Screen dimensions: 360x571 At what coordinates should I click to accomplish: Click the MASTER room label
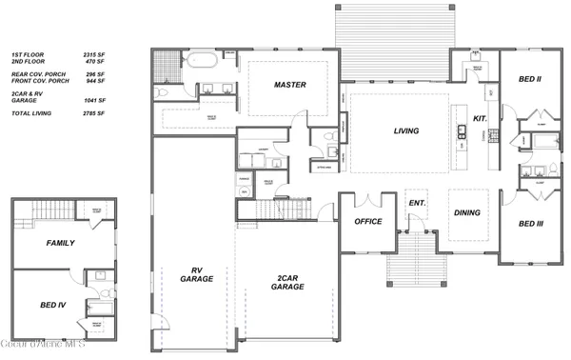click(289, 85)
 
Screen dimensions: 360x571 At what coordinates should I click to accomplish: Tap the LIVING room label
click(407, 131)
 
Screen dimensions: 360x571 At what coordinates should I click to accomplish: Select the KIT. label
click(481, 118)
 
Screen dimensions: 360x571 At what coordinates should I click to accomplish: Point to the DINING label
click(466, 213)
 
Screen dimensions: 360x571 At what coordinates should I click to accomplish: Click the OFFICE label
click(368, 221)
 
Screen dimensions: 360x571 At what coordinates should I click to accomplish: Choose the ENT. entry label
click(416, 204)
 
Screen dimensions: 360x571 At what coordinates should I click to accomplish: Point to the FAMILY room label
click(60, 243)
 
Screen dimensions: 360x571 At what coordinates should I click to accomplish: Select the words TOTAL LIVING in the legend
click(32, 113)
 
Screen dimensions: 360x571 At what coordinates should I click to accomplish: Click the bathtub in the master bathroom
click(201, 60)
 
